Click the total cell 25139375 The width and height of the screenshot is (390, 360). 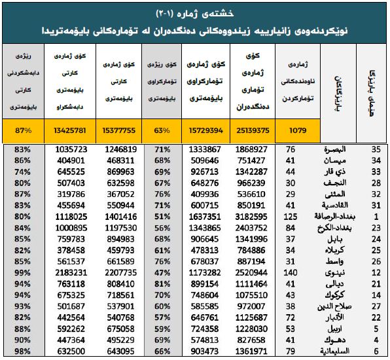click(253, 131)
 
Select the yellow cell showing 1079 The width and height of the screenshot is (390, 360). click(298, 131)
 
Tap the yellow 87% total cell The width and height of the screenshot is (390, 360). click(23, 131)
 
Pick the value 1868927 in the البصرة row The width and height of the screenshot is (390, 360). click(251, 149)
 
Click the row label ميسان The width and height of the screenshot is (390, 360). click(335, 160)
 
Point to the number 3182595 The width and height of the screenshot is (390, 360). click(251, 217)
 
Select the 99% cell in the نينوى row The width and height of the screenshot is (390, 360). click(22, 273)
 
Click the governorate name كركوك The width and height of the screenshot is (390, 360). click(334, 295)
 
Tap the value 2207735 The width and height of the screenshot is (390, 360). click(120, 273)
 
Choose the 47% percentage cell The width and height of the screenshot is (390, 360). click(162, 273)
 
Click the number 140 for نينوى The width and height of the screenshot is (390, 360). click(291, 273)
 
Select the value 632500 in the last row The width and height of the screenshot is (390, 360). click(71, 351)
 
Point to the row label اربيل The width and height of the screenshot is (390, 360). click(334, 329)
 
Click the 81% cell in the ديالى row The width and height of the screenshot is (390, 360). click(162, 284)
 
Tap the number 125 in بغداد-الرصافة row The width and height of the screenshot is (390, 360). click(291, 217)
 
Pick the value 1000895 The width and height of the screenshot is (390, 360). click(71, 228)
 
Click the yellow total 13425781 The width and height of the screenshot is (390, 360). click(70, 131)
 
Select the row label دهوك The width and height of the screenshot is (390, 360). click(334, 340)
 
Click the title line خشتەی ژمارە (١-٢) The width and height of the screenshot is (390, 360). click(195, 14)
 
